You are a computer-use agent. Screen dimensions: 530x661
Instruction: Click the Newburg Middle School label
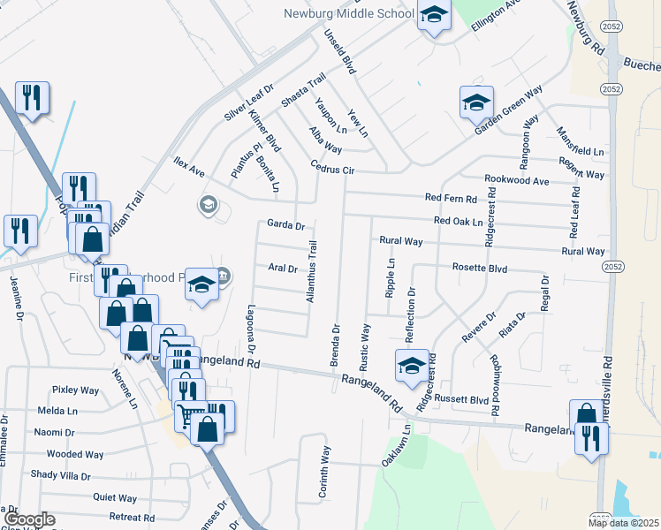point(348,13)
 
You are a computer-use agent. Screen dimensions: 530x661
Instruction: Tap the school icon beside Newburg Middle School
point(434,15)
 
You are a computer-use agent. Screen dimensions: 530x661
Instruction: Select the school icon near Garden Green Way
point(476,102)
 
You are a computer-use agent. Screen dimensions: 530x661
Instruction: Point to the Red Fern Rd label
point(451,198)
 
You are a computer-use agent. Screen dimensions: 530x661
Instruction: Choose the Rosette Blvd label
point(479,267)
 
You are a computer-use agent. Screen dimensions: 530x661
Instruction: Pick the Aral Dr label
point(282,268)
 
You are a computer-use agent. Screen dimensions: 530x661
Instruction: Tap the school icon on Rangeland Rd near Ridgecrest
point(412,367)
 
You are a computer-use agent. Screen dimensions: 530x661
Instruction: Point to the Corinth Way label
point(325,467)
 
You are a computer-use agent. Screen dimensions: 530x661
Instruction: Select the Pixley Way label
point(75,390)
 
